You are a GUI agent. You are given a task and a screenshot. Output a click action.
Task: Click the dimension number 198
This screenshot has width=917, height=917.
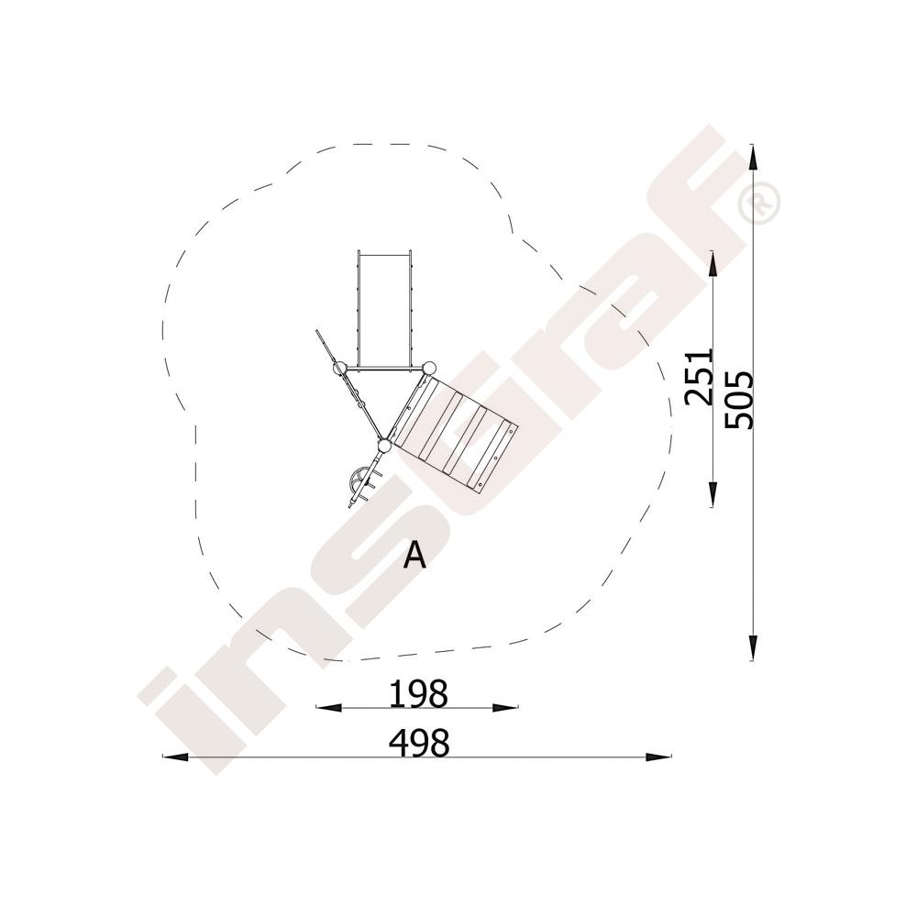point(419,694)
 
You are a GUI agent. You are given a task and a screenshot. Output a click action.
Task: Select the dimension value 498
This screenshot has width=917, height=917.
point(419,744)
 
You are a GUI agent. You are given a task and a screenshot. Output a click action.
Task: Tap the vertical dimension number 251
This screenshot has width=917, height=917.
point(700,377)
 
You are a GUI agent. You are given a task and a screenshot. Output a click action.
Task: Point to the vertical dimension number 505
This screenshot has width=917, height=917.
point(738,400)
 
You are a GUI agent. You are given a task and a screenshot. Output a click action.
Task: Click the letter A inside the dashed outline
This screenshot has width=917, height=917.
point(415,555)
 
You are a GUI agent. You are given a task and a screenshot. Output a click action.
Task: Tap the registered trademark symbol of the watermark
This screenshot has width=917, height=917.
point(759,203)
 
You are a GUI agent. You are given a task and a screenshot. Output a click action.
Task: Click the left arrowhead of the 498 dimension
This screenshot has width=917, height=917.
point(175,757)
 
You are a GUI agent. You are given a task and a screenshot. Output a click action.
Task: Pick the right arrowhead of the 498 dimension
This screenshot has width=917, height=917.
point(658,757)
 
